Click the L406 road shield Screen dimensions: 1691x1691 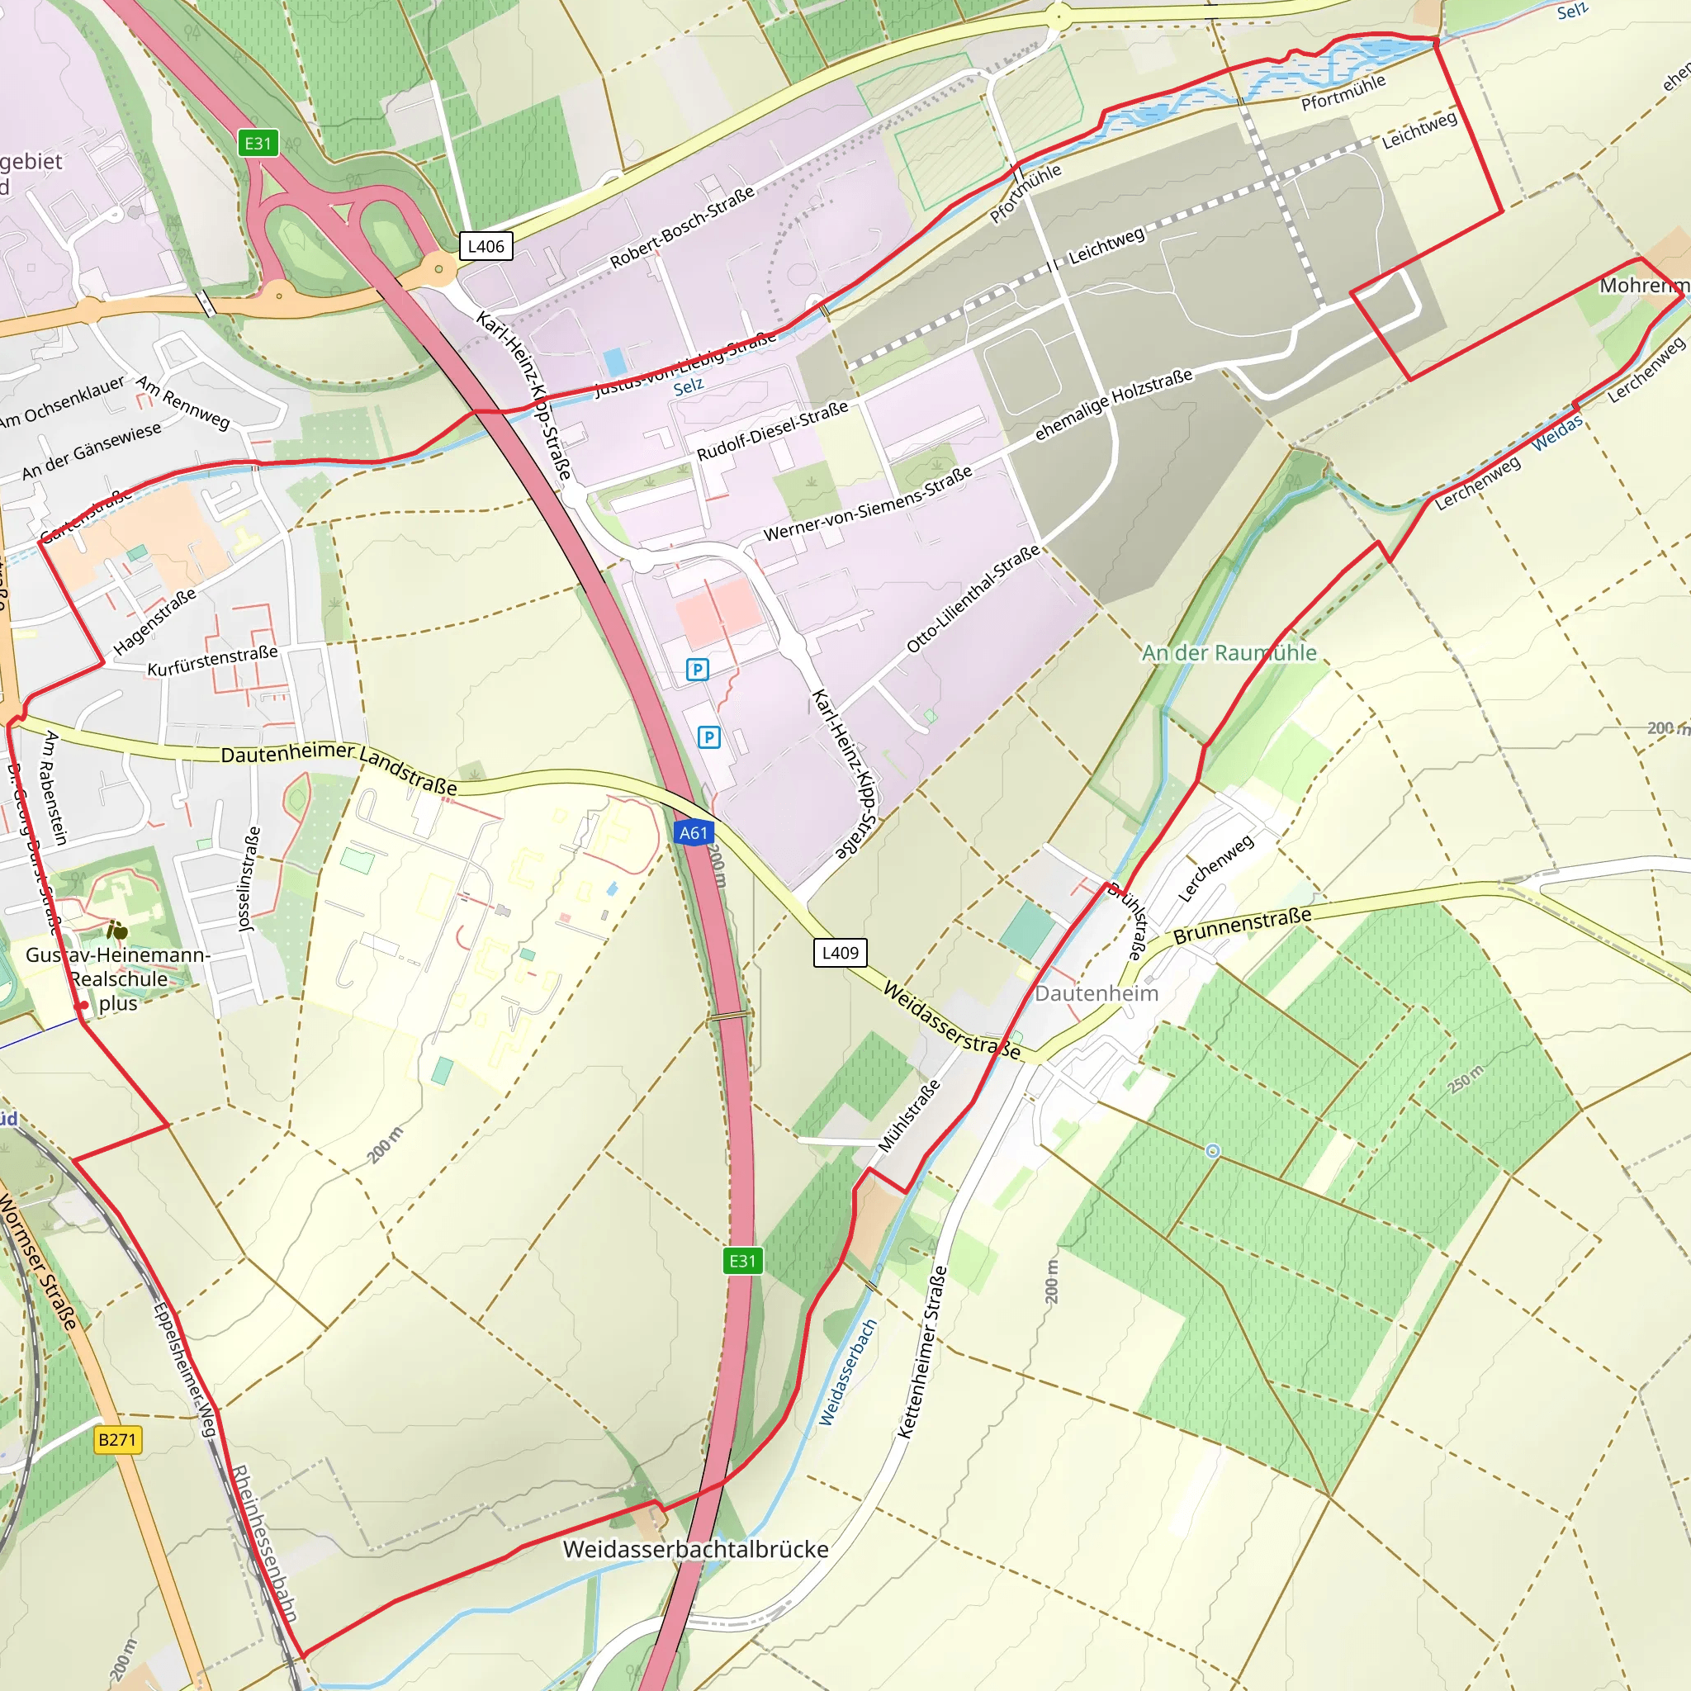[x=486, y=246]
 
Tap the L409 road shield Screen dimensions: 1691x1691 [x=840, y=952]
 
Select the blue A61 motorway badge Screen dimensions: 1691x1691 [x=694, y=832]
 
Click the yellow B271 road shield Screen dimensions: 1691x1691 [x=117, y=1439]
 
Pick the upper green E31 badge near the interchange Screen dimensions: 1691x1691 [x=258, y=144]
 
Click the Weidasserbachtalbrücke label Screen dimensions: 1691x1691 [x=695, y=1549]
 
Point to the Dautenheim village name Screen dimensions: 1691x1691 [x=1096, y=993]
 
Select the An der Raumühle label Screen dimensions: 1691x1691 [x=1228, y=653]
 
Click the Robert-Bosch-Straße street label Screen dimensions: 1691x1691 [x=682, y=228]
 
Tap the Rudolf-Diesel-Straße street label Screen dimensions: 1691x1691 [x=772, y=431]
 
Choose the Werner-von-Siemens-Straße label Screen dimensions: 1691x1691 [x=868, y=504]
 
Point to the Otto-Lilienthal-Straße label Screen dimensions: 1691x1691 [x=973, y=598]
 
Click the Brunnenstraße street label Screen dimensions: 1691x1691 [x=1242, y=925]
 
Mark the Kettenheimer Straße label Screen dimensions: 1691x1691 [x=923, y=1352]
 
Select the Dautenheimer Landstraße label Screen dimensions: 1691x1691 [x=339, y=766]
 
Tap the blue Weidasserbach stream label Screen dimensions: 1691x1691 [x=847, y=1372]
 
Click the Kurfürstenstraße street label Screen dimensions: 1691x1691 [x=213, y=661]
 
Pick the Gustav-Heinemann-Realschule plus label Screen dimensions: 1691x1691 [x=118, y=978]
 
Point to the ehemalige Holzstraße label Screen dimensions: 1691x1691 [x=1113, y=405]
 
